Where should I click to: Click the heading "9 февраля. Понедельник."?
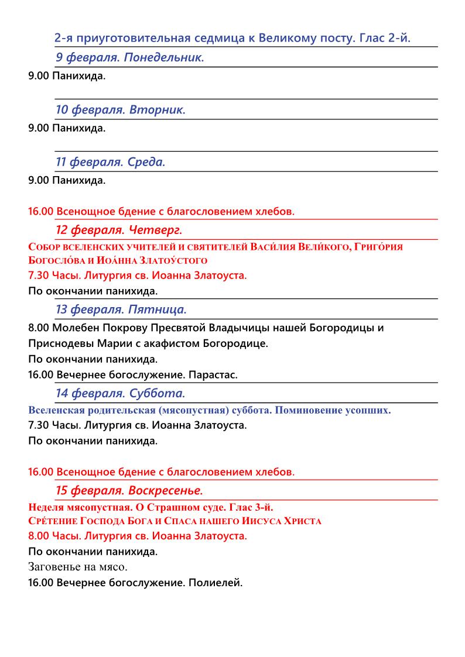tap(129, 57)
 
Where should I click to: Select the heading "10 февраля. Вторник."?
tap(120, 110)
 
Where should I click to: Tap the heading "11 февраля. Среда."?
tap(110, 162)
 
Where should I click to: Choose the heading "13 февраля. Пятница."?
tap(121, 309)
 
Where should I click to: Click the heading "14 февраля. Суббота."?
tap(120, 393)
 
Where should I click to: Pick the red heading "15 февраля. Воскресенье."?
tap(129, 490)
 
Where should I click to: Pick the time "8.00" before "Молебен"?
tap(39, 328)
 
